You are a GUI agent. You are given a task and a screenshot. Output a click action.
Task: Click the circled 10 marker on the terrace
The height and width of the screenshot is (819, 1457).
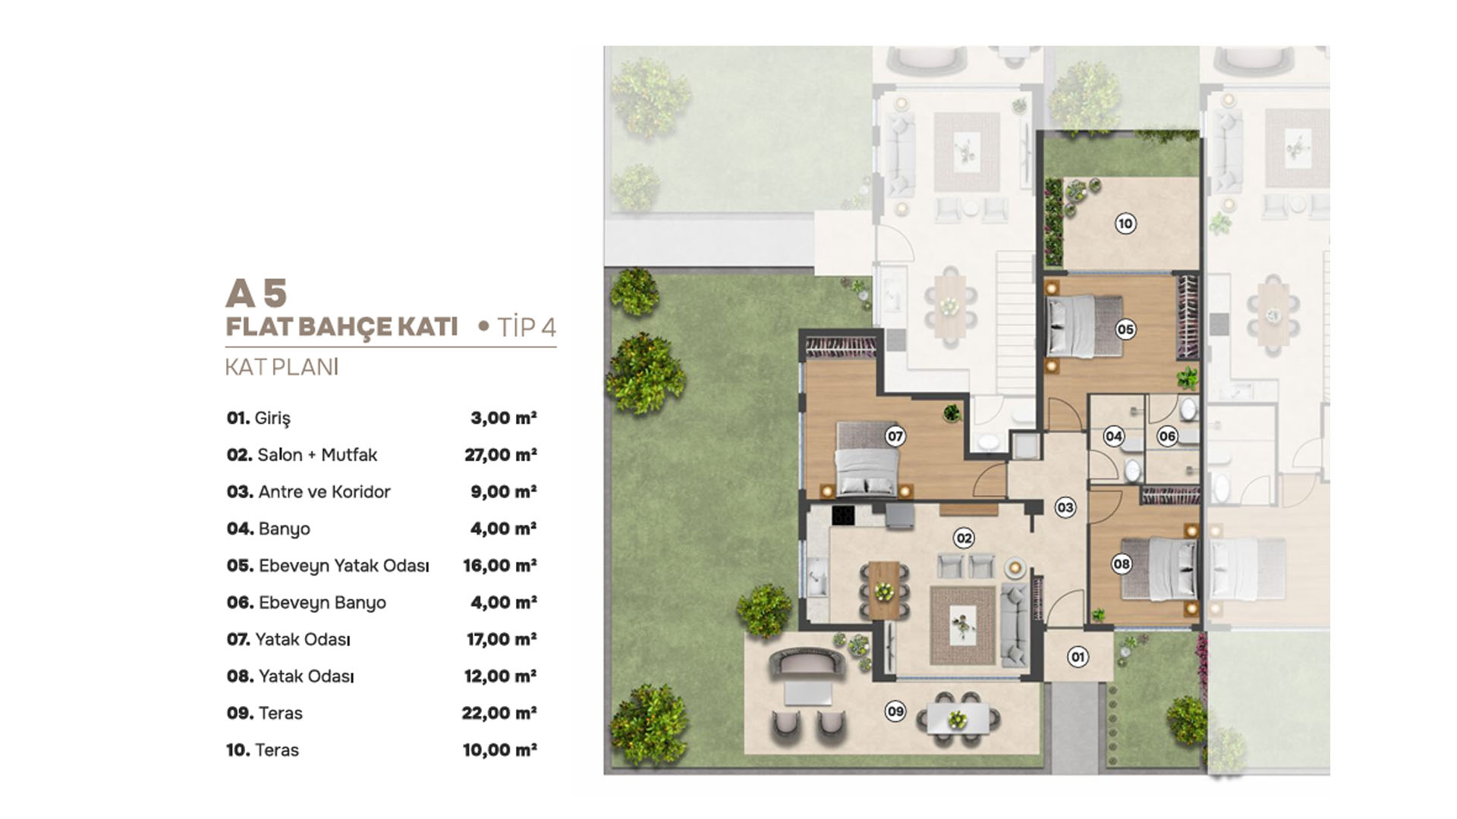click(1125, 224)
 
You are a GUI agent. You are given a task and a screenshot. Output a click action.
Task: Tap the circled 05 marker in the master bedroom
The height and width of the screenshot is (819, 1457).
click(1125, 329)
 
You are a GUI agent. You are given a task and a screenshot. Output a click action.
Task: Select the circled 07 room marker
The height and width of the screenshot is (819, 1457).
click(895, 436)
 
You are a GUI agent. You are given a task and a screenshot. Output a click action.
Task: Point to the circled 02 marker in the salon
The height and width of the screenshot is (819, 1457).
click(964, 538)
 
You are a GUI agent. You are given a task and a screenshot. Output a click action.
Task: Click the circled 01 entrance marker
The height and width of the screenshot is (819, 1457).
click(1078, 657)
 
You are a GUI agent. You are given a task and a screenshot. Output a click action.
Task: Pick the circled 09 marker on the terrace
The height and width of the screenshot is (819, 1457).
click(895, 711)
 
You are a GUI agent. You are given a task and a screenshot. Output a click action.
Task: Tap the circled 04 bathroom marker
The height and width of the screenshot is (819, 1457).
click(1113, 436)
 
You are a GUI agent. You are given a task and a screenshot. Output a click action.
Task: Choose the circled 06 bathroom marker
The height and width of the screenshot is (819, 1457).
click(1167, 436)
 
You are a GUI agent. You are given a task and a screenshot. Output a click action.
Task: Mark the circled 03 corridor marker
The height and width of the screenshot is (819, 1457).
click(1065, 508)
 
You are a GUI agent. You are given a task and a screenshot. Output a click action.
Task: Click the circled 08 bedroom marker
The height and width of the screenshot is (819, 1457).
click(1121, 564)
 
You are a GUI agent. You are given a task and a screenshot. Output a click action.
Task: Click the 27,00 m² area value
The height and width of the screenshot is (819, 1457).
click(501, 455)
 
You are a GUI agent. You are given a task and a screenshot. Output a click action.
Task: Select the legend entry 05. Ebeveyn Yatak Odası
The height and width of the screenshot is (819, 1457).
click(328, 566)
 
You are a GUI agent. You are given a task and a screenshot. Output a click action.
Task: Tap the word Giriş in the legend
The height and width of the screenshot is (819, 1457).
click(272, 418)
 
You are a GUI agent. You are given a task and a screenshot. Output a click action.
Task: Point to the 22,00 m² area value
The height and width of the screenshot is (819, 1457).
click(499, 713)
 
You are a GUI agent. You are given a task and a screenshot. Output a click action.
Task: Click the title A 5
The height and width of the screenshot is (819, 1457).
click(256, 293)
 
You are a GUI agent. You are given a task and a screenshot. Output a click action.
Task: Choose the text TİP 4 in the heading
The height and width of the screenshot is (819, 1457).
click(527, 327)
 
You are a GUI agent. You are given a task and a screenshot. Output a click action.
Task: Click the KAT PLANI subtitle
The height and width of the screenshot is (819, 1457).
click(282, 367)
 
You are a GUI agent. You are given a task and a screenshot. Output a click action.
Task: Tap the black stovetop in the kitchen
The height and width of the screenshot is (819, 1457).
click(843, 516)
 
